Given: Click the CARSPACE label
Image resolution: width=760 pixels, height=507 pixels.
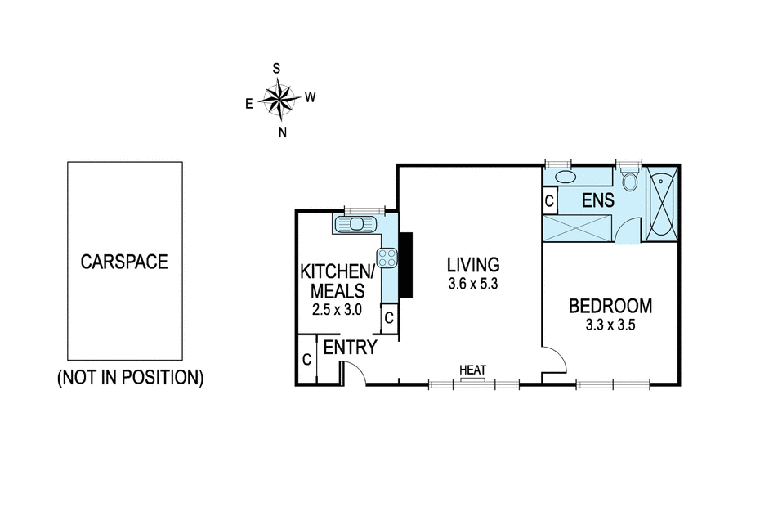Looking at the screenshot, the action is point(124,262).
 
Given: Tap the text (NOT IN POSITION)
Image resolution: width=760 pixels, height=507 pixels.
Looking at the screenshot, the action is point(131,378).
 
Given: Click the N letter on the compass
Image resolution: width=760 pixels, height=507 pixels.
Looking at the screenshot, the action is point(283,132).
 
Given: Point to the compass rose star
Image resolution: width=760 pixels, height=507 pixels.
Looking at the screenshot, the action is point(279,100).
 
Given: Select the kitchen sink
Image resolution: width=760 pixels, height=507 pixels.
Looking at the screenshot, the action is point(355,224).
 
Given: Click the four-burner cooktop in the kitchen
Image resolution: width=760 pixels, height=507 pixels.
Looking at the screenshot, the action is point(387,258).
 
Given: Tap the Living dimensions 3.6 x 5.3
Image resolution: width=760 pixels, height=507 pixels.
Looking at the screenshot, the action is point(473,284).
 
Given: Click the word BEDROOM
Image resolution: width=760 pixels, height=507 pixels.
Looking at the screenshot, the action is point(610,306).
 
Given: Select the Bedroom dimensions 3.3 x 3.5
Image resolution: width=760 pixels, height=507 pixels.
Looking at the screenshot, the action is point(610,325).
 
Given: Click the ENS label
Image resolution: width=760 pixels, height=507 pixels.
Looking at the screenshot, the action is point(598,200).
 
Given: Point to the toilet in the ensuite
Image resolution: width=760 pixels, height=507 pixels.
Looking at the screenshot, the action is point(630,180).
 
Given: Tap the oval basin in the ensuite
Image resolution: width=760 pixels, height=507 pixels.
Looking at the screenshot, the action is point(565,177).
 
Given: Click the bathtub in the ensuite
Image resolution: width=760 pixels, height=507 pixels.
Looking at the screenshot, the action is point(662,204).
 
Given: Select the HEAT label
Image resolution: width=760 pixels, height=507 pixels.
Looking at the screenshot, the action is point(472,370).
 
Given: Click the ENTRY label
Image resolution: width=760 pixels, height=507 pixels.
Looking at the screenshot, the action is point(350,348).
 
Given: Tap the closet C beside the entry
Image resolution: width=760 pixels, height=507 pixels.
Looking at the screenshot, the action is point(306,360).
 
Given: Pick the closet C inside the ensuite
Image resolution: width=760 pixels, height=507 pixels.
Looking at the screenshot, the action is point(549,200).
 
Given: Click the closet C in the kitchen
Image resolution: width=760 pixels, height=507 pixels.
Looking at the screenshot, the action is point(389,318).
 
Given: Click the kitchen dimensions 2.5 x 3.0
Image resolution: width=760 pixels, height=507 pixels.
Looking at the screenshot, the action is point(337,310).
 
